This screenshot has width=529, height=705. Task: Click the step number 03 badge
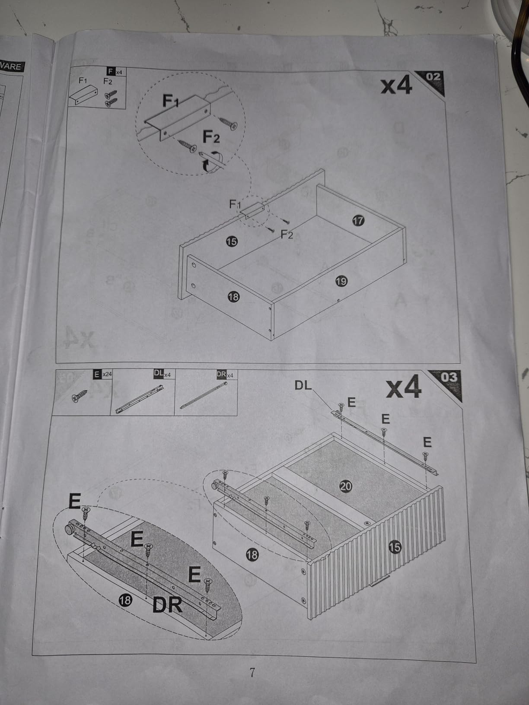point(448,380)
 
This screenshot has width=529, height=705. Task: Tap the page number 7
point(252,672)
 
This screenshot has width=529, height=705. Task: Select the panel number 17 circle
point(358,221)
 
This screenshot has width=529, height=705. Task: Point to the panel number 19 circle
point(341,281)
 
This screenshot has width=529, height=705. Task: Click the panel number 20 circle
point(346,486)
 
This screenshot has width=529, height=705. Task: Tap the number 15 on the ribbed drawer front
point(395,546)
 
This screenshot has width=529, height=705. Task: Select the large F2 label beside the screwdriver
point(211,137)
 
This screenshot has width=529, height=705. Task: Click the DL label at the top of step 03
point(303,386)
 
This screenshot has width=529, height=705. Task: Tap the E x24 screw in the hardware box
point(80,396)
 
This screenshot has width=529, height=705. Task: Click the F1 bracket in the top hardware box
point(83,95)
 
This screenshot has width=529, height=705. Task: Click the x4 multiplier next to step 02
point(396,86)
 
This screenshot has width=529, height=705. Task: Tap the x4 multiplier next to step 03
point(403,387)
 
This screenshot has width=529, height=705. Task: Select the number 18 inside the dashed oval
point(125,600)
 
